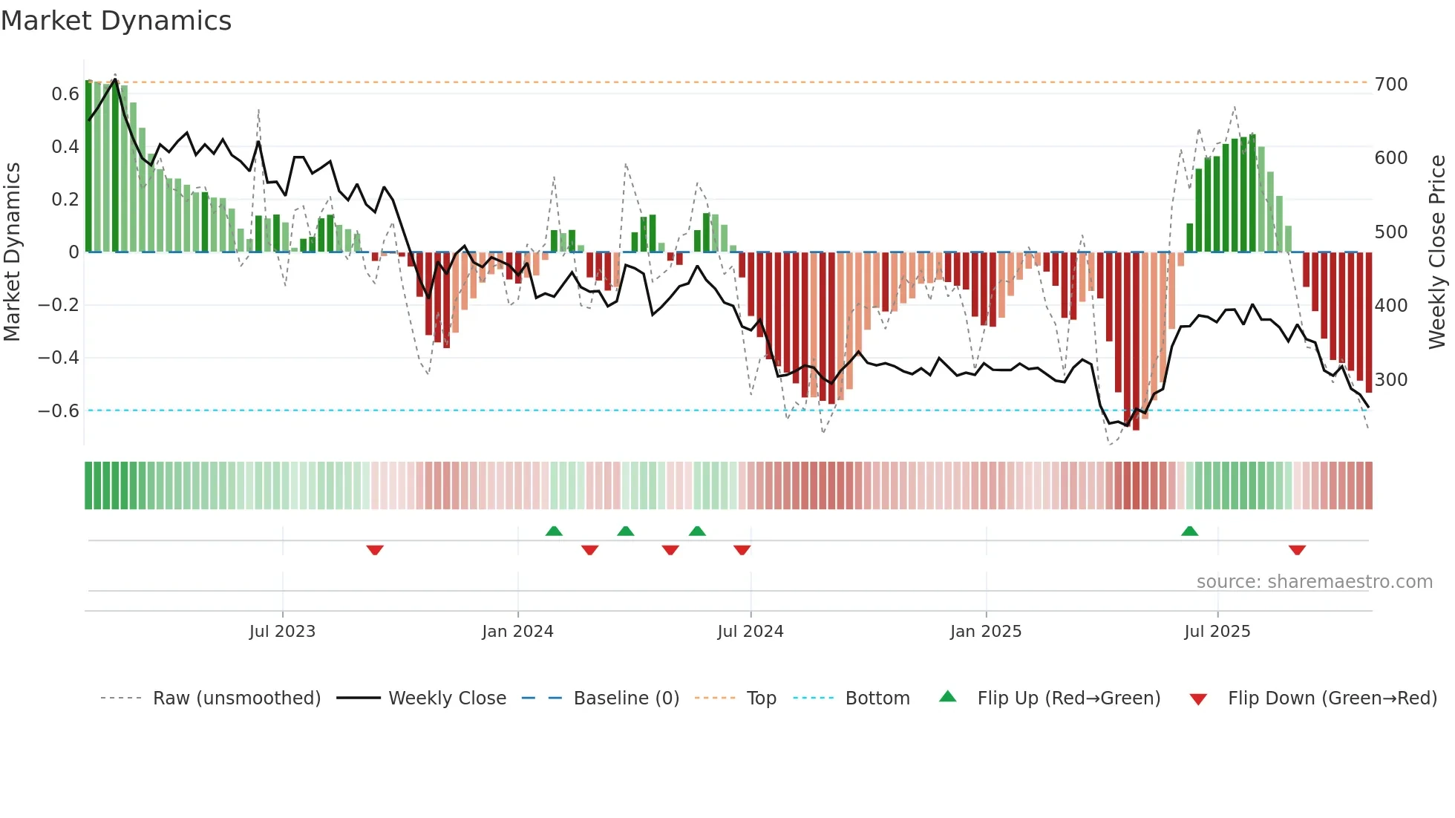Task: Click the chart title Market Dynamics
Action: click(116, 21)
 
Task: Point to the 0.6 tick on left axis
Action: click(65, 94)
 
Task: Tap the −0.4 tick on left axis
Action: click(59, 358)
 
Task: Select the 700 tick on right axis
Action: click(1390, 85)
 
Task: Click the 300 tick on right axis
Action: click(1390, 380)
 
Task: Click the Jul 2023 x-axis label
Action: click(282, 632)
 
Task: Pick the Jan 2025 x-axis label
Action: click(985, 632)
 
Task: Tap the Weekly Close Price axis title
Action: click(1437, 252)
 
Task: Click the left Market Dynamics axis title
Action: click(12, 252)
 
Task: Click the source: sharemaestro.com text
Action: click(1314, 582)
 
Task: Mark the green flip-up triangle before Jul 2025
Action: click(1189, 531)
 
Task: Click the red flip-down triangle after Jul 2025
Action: click(1297, 550)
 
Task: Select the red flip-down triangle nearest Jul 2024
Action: click(742, 550)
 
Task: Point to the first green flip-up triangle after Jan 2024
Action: click(554, 531)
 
